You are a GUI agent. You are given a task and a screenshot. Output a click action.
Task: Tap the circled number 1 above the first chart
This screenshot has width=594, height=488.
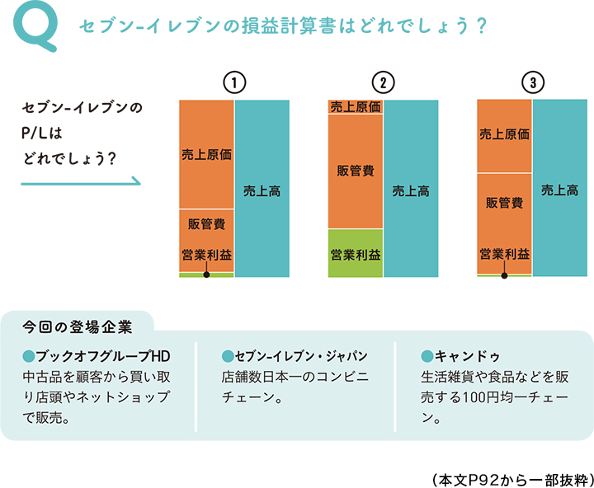tap(234, 83)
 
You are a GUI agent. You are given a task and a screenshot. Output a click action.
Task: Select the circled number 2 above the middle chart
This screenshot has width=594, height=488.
tap(383, 83)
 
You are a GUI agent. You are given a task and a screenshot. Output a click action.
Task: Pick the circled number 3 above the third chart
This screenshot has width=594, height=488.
tap(533, 83)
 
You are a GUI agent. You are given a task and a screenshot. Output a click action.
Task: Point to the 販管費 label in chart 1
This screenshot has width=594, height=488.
tap(207, 223)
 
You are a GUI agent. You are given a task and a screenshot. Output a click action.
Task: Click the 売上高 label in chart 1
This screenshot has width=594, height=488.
tap(262, 190)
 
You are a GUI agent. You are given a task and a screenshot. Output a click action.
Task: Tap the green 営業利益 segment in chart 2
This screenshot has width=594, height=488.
tap(356, 253)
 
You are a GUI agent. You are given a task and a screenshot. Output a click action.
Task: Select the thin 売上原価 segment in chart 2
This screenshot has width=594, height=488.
tap(356, 107)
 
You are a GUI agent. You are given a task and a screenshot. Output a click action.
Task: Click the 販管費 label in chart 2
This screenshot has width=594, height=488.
tap(356, 171)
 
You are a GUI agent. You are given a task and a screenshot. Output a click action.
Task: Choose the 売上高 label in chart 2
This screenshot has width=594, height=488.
tap(410, 190)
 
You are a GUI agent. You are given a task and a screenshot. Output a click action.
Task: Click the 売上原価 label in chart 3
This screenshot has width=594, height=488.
tap(504, 134)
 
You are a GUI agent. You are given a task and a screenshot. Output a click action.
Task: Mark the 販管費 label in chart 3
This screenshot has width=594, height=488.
tap(504, 203)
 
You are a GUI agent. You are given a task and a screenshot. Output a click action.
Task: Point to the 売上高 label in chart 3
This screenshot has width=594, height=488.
tap(559, 190)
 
